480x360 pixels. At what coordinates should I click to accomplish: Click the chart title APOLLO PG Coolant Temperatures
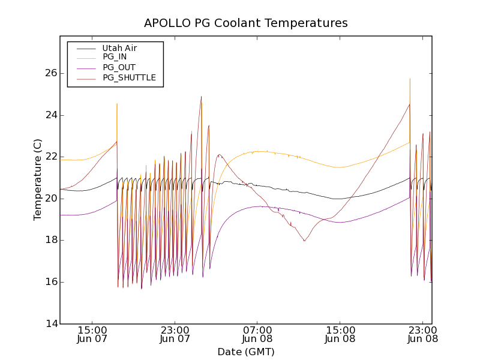245,23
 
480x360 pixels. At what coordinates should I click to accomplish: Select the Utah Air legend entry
119,47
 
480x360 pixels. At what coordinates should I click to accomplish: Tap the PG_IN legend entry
115,57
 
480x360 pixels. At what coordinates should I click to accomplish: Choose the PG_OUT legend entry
119,67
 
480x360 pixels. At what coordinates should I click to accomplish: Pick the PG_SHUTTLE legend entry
129,77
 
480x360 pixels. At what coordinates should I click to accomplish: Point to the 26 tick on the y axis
50,73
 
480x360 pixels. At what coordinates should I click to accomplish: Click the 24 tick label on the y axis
50,115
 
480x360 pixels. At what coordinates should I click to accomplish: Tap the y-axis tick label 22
50,157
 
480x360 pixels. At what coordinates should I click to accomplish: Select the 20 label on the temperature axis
50,199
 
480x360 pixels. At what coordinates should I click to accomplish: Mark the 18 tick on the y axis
50,240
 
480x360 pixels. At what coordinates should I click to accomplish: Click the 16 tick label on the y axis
50,282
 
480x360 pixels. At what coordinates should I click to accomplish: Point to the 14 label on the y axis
50,323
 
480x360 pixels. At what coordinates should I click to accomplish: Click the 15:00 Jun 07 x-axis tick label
92,334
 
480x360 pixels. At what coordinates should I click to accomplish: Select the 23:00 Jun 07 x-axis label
175,334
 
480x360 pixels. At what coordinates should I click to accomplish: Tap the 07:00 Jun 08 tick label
258,334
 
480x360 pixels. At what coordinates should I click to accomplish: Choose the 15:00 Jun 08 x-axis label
340,334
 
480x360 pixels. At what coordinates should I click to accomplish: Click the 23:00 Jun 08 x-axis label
422,334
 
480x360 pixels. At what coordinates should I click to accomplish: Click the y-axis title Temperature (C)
38,179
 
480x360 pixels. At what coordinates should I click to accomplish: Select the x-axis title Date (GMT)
245,352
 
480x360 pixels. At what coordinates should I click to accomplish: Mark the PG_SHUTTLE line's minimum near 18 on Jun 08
305,241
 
